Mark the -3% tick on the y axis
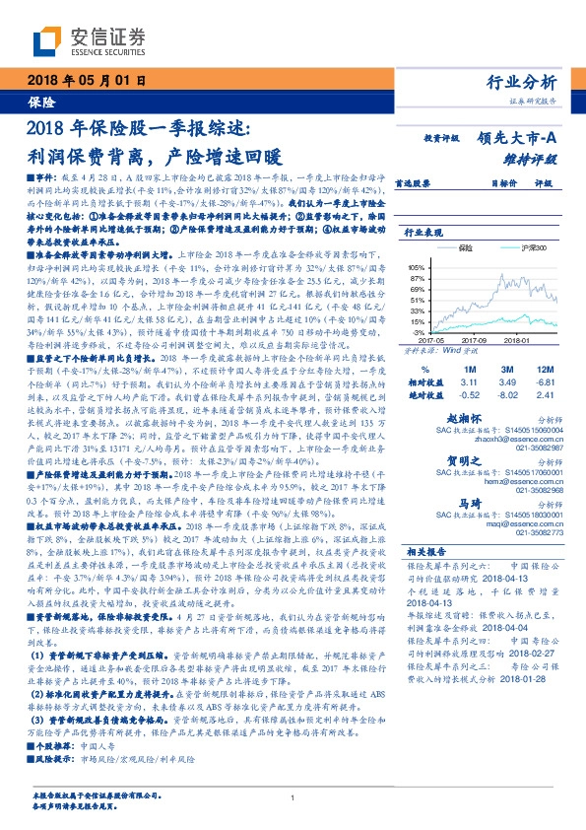click(419, 334)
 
